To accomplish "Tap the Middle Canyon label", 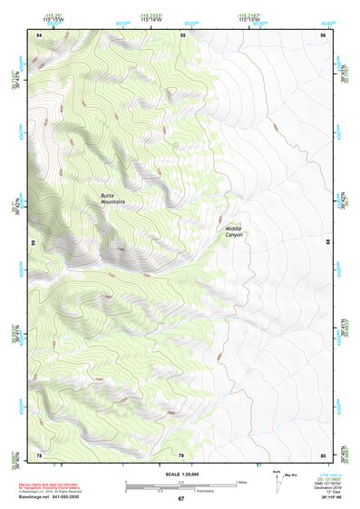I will point(234,231).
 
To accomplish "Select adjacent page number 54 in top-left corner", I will point(39,34).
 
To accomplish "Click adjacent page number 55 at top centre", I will point(182,34).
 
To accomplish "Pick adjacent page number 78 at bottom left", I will point(39,455).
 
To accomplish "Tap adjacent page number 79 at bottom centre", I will point(181,455).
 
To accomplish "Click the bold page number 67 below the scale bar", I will point(180,499).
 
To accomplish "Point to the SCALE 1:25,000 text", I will point(180,475).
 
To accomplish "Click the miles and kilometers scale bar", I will point(180,487).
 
